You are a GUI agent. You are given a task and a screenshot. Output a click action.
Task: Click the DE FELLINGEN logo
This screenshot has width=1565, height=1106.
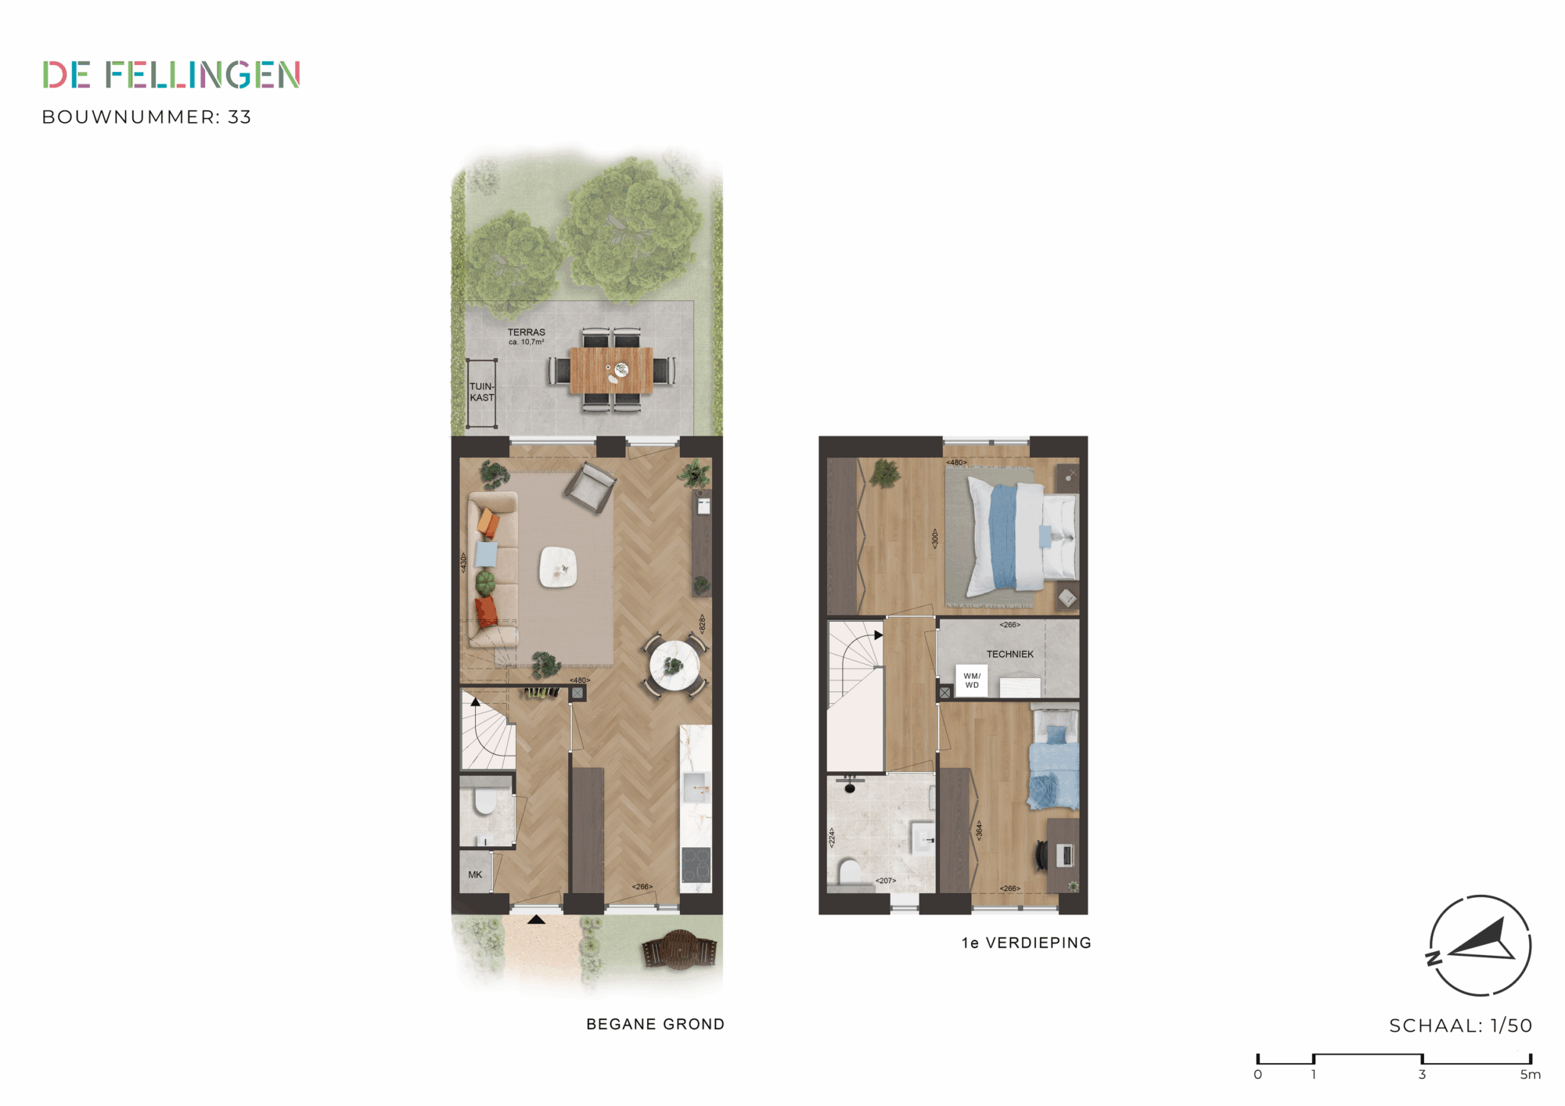tap(171, 75)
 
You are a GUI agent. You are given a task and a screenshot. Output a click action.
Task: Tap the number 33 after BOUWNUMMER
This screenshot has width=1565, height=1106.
tap(239, 117)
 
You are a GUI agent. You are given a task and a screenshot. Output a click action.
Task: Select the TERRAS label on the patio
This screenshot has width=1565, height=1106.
tap(527, 332)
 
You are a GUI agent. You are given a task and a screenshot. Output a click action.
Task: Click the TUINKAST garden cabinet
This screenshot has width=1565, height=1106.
tap(482, 393)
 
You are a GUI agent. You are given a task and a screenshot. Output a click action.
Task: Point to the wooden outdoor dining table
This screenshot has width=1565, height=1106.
tap(611, 370)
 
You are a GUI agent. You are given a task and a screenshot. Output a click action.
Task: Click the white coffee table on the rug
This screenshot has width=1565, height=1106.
tap(558, 566)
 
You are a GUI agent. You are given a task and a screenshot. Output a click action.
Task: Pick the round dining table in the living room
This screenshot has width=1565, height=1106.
tap(674, 666)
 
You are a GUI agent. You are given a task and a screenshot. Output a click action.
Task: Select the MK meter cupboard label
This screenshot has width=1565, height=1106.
tap(475, 874)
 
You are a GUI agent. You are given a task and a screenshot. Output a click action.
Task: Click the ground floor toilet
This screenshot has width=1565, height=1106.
tap(485, 801)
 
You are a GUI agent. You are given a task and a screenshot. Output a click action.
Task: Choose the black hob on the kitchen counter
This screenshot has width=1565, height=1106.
tap(696, 865)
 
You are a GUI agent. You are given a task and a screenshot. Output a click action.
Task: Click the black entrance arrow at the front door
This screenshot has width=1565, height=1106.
tap(536, 919)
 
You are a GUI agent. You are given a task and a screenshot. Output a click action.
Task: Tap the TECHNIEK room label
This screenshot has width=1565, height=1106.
tap(1009, 654)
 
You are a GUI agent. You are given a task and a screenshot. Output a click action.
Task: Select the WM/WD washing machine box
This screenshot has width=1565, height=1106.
tap(971, 680)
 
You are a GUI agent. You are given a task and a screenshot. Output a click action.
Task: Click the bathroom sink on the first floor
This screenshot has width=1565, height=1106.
tap(923, 838)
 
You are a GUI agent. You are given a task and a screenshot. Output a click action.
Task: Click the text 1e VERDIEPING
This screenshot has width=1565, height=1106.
tap(1026, 943)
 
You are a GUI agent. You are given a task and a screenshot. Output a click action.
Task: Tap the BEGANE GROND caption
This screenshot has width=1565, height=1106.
tap(655, 1025)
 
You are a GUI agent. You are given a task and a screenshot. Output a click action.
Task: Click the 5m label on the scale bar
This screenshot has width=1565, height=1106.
tap(1530, 1075)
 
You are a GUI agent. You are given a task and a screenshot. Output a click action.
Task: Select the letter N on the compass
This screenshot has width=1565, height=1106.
tap(1434, 958)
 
